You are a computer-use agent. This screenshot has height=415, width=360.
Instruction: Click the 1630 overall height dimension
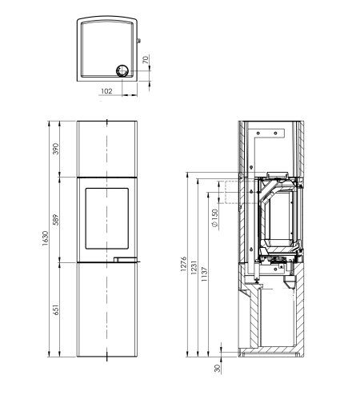click(x=46, y=238)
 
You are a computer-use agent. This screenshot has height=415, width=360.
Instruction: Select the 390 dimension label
click(x=55, y=149)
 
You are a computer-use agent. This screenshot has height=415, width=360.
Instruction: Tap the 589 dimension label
click(x=55, y=219)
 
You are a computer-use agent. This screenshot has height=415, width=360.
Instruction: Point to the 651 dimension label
click(x=55, y=309)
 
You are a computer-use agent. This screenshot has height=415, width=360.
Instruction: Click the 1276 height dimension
click(x=183, y=264)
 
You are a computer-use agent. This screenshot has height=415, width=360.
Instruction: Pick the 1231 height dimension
click(x=194, y=267)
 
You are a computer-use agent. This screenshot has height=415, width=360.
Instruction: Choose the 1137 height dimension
click(x=204, y=274)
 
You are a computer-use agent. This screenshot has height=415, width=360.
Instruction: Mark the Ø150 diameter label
click(x=214, y=218)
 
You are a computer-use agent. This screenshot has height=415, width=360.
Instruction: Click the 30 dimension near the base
click(x=218, y=368)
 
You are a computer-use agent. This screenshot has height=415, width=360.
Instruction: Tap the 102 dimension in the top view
click(x=106, y=91)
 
